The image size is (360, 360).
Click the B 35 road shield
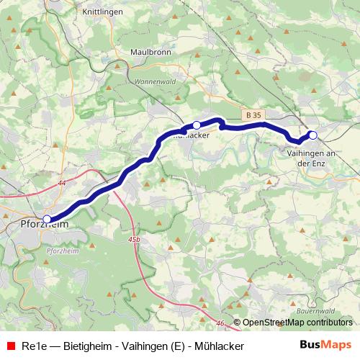(x=253, y=114)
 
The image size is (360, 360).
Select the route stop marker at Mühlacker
(x=197, y=125)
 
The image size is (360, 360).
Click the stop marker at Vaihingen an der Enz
(x=312, y=135)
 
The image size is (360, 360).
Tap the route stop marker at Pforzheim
(x=48, y=219)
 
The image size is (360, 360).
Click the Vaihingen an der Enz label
(x=312, y=158)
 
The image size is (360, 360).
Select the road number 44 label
(x=62, y=184)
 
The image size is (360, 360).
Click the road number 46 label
(x=220, y=323)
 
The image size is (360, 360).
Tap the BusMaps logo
(x=325, y=346)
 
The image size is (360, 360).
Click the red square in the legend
(x=10, y=346)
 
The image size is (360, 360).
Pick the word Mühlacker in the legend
(x=219, y=346)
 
